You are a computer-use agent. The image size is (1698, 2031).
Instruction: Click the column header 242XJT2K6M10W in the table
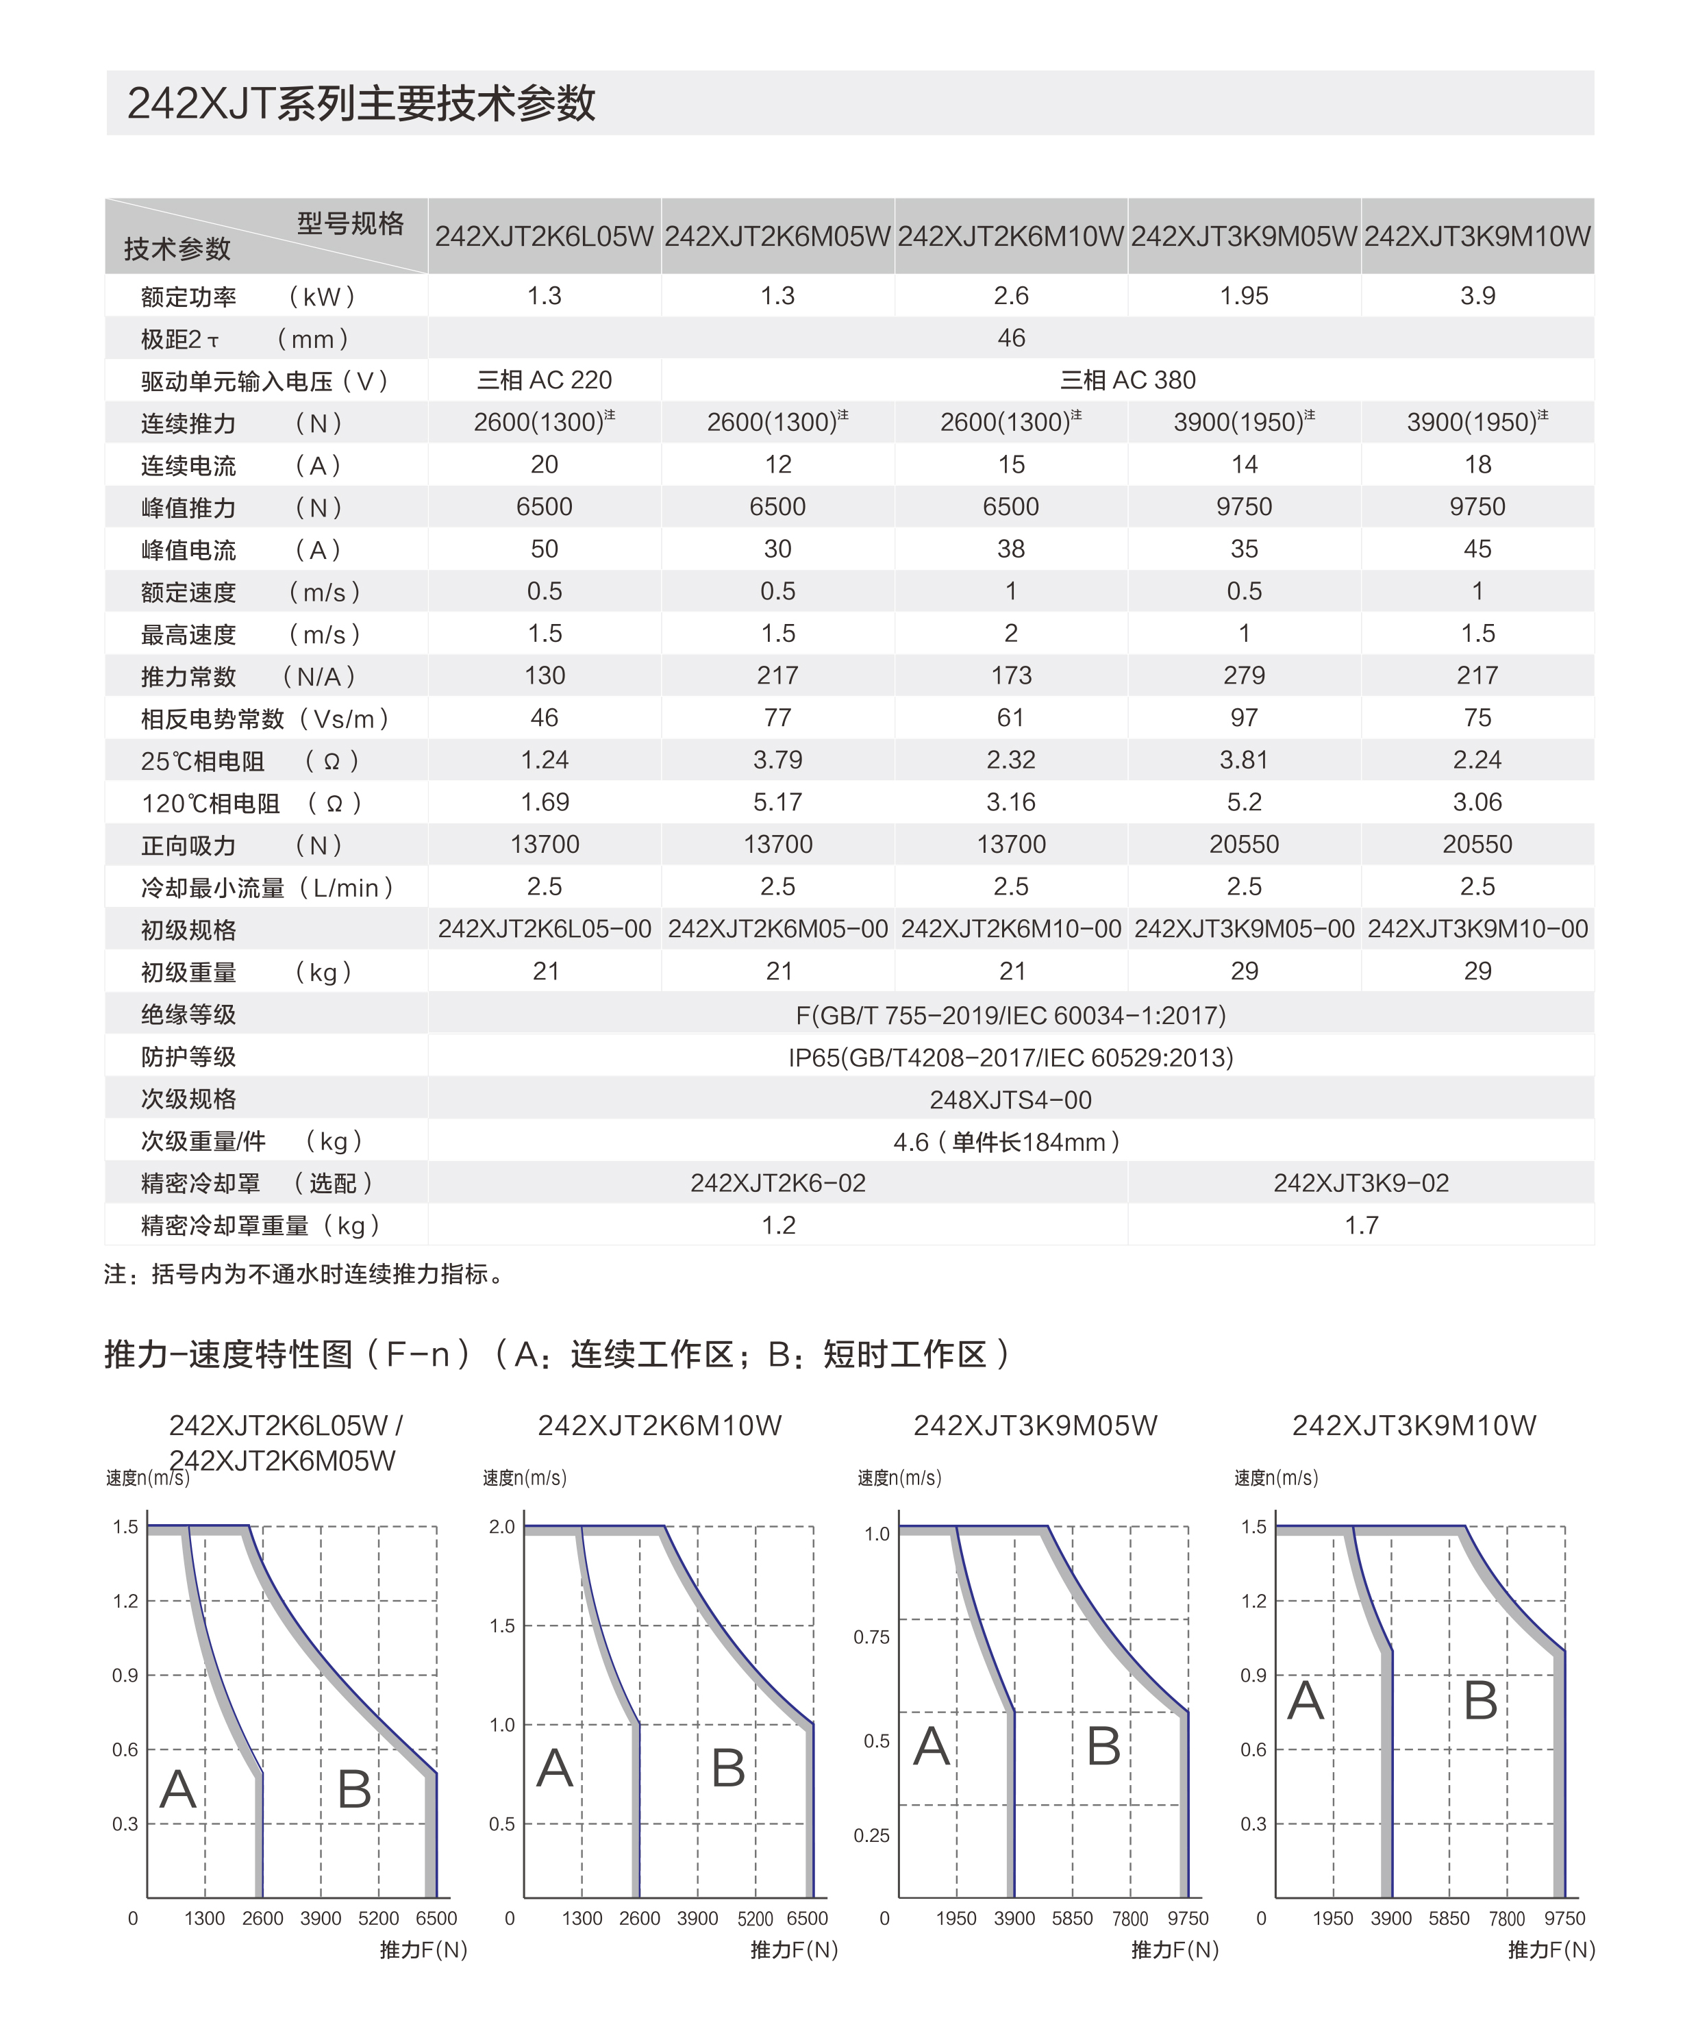(x=1010, y=236)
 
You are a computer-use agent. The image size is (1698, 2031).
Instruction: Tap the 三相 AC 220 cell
(x=545, y=380)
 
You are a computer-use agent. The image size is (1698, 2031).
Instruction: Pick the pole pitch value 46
(x=1010, y=338)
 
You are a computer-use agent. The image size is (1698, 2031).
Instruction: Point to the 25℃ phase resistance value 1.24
(x=545, y=760)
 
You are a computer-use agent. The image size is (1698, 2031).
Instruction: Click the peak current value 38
(x=1010, y=549)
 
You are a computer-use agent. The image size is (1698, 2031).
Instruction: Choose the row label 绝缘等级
(x=188, y=1014)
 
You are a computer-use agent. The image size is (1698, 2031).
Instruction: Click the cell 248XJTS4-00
(x=1010, y=1099)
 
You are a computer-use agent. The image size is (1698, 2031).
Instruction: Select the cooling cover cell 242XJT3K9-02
(x=1360, y=1183)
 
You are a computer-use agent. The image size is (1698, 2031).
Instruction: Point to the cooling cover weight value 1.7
(x=1360, y=1225)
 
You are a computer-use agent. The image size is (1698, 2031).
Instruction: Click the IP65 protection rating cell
(x=1010, y=1057)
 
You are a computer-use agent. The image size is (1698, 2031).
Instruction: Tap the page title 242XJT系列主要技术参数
(x=361, y=103)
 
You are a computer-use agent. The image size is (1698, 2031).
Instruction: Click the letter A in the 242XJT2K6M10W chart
(x=554, y=1769)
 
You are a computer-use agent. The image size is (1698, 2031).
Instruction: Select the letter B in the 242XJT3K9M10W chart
(x=1480, y=1700)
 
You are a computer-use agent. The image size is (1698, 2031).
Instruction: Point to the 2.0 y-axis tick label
(x=502, y=1527)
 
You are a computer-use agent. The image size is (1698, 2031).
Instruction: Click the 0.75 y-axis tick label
(x=871, y=1636)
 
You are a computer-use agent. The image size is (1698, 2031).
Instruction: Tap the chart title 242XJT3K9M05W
(x=1035, y=1425)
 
